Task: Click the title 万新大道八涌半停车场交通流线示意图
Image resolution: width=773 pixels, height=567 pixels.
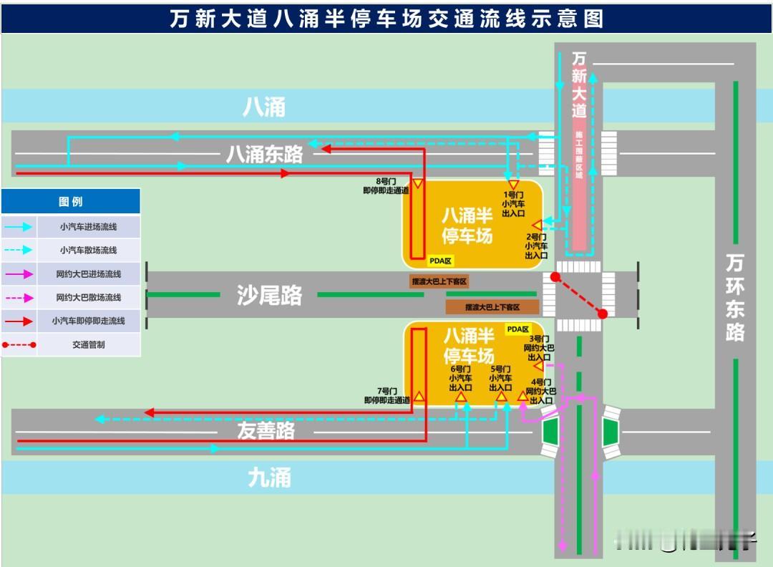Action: tap(386, 19)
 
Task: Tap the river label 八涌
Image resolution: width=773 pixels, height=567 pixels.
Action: tap(264, 107)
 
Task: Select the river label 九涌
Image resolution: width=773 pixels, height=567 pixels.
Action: tap(269, 478)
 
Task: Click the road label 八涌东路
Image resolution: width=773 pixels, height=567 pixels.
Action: tap(264, 153)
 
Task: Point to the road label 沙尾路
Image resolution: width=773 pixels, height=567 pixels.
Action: tap(269, 295)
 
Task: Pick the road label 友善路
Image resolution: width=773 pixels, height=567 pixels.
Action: tap(266, 430)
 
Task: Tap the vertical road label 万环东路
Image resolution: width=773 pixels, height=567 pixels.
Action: tap(734, 296)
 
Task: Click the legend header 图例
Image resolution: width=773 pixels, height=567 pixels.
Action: tap(70, 202)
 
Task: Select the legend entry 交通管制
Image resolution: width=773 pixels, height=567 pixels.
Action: tap(89, 344)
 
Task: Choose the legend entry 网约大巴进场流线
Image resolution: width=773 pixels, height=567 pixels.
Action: tap(89, 274)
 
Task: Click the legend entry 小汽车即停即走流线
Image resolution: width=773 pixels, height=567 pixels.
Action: tap(89, 321)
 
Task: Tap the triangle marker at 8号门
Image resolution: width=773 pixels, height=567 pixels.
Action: tap(418, 184)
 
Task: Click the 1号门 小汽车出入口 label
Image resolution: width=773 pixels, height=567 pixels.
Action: tap(513, 204)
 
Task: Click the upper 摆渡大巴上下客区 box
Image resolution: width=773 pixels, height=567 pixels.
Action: tap(439, 282)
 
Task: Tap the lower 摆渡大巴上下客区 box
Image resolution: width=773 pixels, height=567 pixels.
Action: tap(492, 307)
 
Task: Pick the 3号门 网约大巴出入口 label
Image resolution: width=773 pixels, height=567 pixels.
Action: tap(539, 348)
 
